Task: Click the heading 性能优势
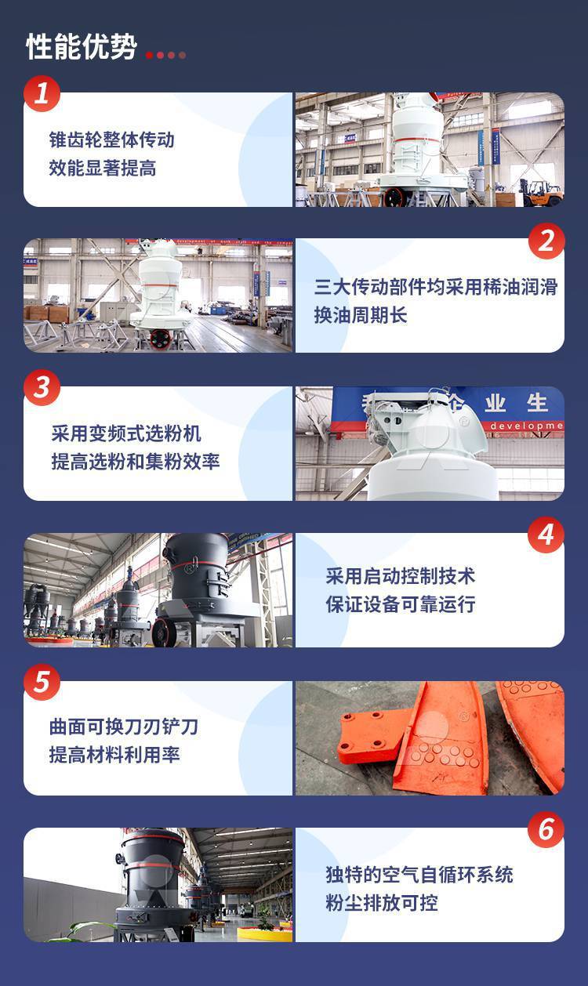click(82, 47)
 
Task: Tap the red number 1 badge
click(42, 94)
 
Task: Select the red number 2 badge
click(546, 241)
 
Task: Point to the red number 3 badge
click(42, 388)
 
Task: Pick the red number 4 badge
click(546, 535)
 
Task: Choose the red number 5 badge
click(42, 682)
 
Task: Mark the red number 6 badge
click(546, 829)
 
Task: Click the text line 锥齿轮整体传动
click(112, 140)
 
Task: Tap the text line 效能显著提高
click(103, 169)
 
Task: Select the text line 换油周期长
click(361, 315)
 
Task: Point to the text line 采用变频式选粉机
click(126, 433)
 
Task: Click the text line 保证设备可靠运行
click(401, 604)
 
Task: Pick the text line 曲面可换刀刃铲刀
click(124, 727)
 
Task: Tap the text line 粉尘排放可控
click(382, 903)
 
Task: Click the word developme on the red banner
click(526, 426)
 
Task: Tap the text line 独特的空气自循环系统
click(419, 875)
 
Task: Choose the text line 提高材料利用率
click(114, 755)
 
